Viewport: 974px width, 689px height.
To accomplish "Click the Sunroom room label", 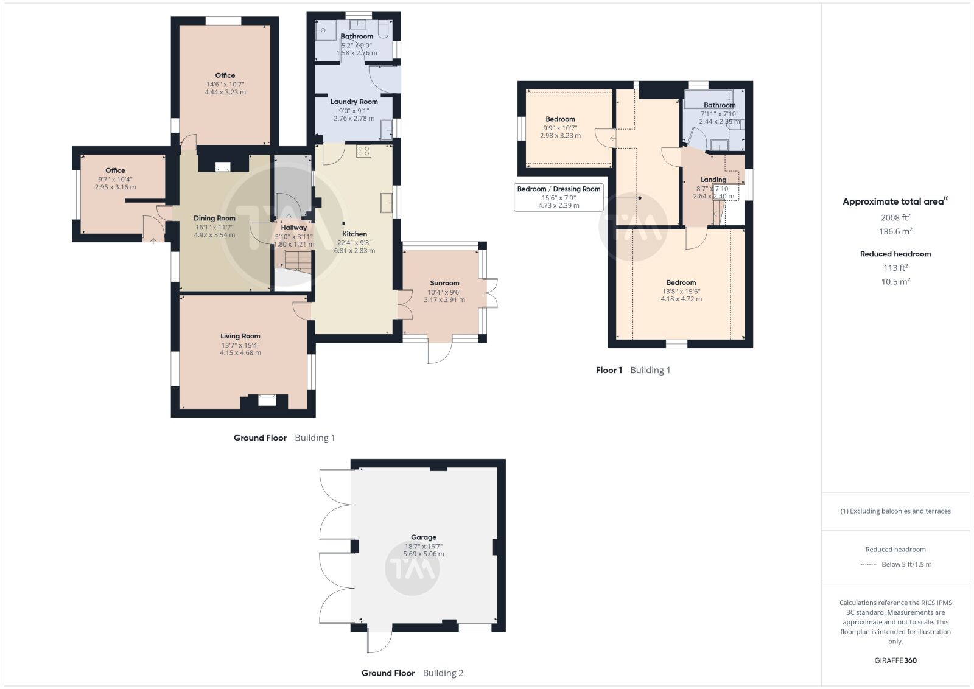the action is pyautogui.click(x=444, y=283).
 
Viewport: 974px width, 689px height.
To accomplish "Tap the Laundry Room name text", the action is pyautogui.click(x=354, y=102).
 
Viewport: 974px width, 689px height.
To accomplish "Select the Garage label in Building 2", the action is pyautogui.click(x=424, y=537).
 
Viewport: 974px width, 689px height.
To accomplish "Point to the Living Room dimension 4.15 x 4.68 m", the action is pyautogui.click(x=240, y=352).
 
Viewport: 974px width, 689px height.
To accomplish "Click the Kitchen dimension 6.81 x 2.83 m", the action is pyautogui.click(x=354, y=250).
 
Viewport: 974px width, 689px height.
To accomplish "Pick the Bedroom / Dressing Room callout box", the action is pyautogui.click(x=559, y=197).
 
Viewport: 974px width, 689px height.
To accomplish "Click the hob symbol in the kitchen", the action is pyautogui.click(x=363, y=151).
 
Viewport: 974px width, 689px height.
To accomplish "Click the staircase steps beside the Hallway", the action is pyautogui.click(x=298, y=261).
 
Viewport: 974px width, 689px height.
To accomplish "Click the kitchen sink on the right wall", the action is pyautogui.click(x=386, y=203).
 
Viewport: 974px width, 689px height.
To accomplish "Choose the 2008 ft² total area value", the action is pyautogui.click(x=895, y=217).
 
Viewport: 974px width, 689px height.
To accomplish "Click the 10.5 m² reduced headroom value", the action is pyautogui.click(x=895, y=281).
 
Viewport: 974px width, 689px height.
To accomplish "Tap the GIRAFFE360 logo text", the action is pyautogui.click(x=895, y=660).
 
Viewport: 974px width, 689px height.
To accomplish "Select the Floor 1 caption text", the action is pyautogui.click(x=609, y=370).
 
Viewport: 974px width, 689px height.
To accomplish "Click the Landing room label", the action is pyautogui.click(x=713, y=180).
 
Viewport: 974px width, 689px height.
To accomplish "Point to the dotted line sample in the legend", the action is pyautogui.click(x=868, y=565).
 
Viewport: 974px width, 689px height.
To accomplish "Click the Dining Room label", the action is pyautogui.click(x=214, y=219).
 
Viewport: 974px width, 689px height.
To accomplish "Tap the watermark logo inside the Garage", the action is pyautogui.click(x=412, y=568).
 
